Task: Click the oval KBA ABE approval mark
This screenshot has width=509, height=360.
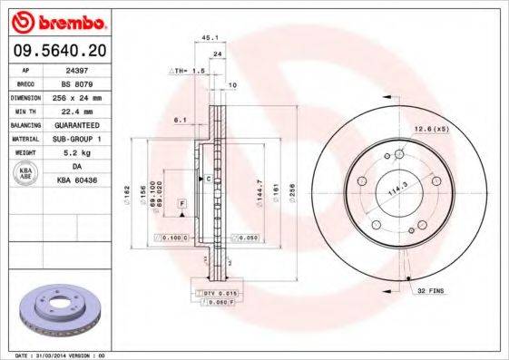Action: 25,172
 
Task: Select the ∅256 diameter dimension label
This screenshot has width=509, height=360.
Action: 291,190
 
